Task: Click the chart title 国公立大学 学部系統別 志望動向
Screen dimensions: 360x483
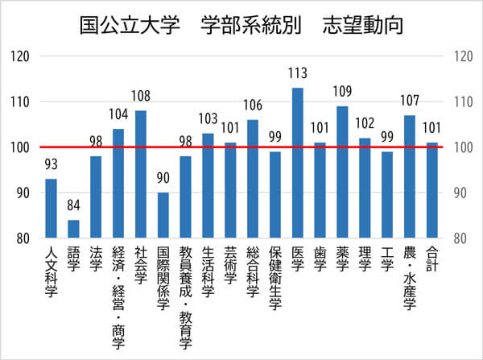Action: [242, 24]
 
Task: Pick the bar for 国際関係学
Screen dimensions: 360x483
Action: [163, 215]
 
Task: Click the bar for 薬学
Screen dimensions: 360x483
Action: [342, 172]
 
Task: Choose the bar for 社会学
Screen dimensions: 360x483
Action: [140, 174]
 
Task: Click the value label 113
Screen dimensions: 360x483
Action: [297, 74]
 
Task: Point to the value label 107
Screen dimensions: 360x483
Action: [409, 102]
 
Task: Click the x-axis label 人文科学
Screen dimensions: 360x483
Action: [51, 271]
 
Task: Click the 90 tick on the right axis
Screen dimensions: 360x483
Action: [462, 193]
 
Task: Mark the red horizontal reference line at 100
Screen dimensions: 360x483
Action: [242, 147]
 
